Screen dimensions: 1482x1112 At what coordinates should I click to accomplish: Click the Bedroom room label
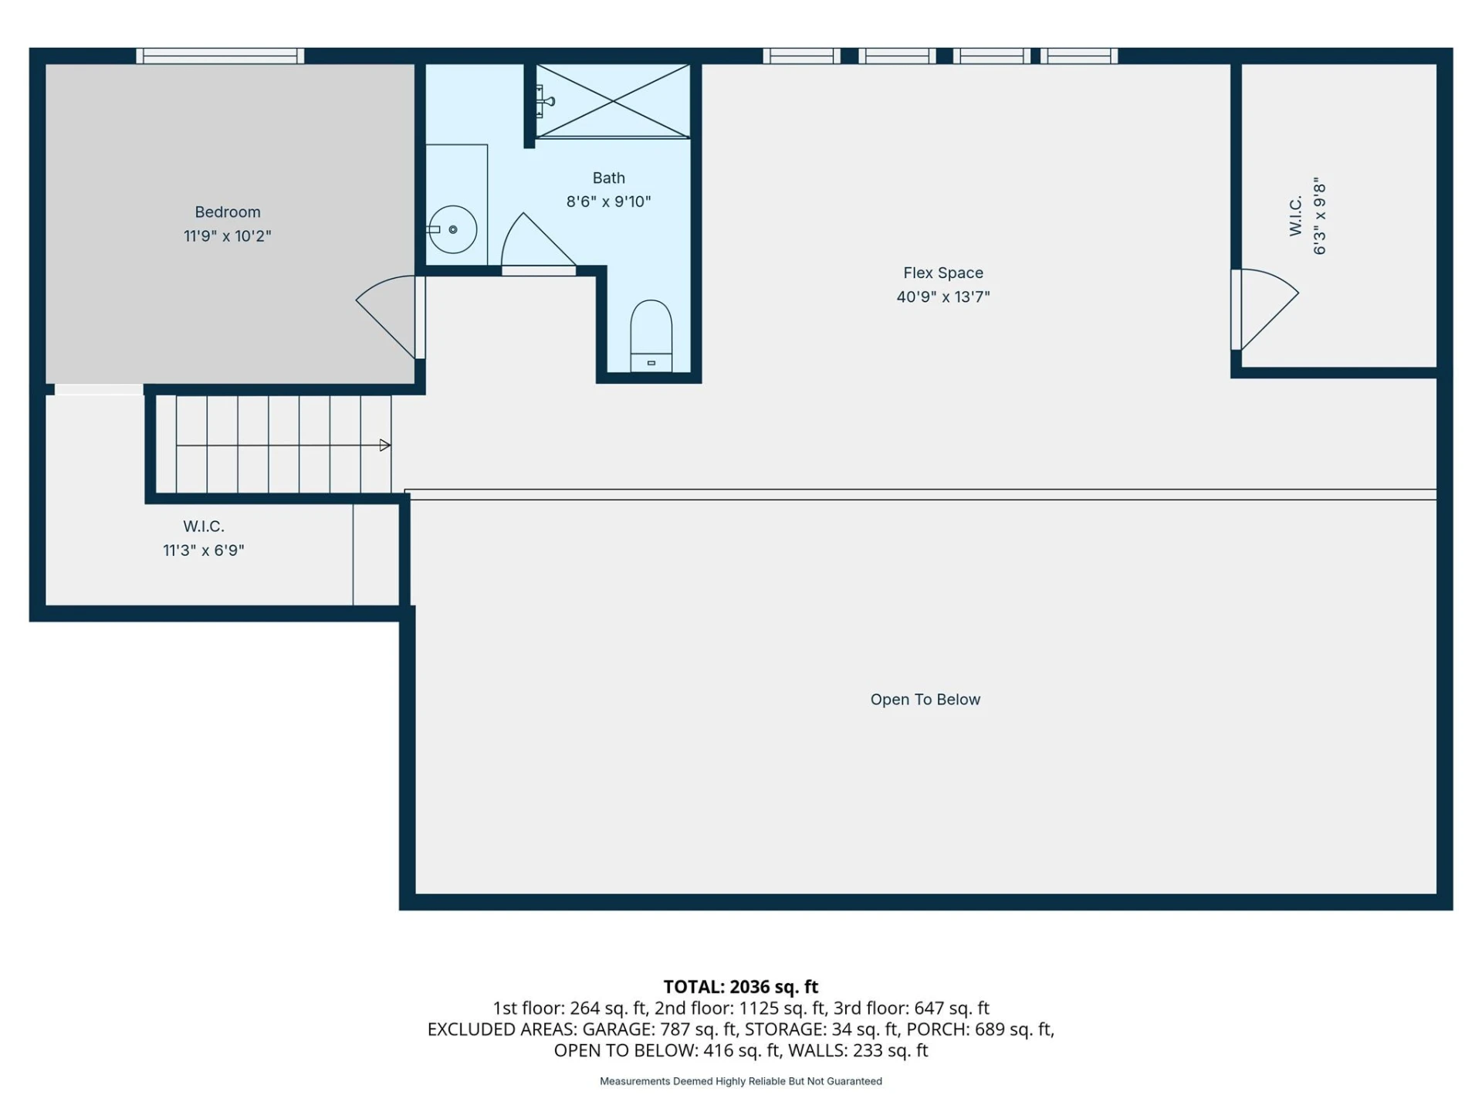pyautogui.click(x=227, y=212)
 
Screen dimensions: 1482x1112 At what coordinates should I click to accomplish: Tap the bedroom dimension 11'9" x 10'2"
pyautogui.click(x=227, y=236)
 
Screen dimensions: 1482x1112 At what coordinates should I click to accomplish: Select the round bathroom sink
pyautogui.click(x=453, y=229)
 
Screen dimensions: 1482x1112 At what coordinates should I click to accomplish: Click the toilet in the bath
pyautogui.click(x=651, y=337)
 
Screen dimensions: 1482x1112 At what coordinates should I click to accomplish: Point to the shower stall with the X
pyautogui.click(x=613, y=101)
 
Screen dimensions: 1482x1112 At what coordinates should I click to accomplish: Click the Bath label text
pyautogui.click(x=608, y=178)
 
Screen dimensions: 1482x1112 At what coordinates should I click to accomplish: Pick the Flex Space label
pyautogui.click(x=943, y=273)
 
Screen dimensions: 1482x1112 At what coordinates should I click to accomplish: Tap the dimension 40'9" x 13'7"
pyautogui.click(x=943, y=297)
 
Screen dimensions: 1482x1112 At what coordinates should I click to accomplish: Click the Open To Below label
pyautogui.click(x=925, y=700)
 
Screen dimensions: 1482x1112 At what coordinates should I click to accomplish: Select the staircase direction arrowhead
pyautogui.click(x=385, y=445)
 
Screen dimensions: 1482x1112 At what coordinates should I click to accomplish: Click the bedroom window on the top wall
pyautogui.click(x=221, y=56)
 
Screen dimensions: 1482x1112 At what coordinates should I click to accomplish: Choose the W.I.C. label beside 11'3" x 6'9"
pyautogui.click(x=204, y=527)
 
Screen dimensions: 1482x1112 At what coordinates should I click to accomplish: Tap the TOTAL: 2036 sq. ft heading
pyautogui.click(x=741, y=987)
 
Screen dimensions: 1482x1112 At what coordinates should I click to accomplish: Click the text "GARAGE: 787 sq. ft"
pyautogui.click(x=661, y=1029)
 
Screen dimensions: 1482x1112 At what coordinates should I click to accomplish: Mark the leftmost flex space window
pyautogui.click(x=802, y=56)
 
